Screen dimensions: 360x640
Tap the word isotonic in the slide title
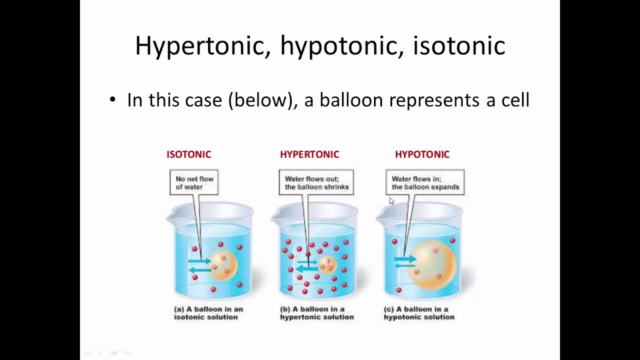click(458, 46)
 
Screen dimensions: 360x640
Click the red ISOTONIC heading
click(188, 154)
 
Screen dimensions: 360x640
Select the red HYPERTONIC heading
click(309, 154)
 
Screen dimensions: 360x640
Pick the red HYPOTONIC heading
click(422, 154)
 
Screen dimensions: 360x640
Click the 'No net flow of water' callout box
click(194, 182)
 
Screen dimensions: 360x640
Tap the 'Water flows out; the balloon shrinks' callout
click(316, 182)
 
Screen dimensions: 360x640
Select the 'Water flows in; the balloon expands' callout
click(425, 182)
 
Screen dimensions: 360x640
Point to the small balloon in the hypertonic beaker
click(327, 265)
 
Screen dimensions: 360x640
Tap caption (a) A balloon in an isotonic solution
click(208, 313)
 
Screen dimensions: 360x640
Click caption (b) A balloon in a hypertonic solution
click(316, 313)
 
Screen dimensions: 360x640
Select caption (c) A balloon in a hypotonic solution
click(419, 313)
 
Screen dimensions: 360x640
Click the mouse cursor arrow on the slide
click(391, 201)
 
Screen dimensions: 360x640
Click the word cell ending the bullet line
click(515, 100)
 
